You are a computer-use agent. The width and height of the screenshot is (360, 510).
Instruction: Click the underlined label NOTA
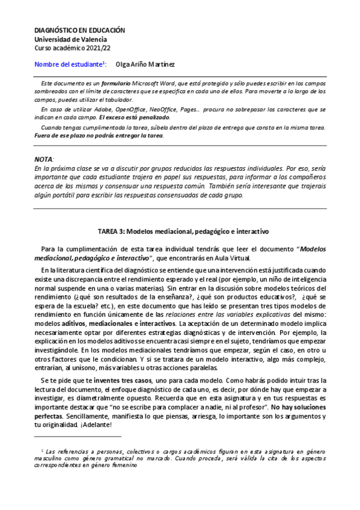pos(44,158)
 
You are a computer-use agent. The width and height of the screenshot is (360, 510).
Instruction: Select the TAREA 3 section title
pos(181,231)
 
